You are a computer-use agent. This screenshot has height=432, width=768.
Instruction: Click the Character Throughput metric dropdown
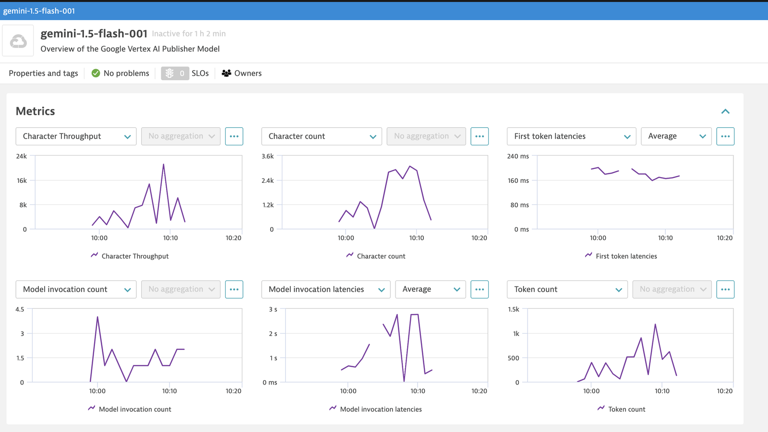click(x=76, y=136)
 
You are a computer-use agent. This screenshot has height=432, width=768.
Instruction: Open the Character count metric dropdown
click(x=321, y=136)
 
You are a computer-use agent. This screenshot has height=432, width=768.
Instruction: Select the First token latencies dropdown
click(x=571, y=136)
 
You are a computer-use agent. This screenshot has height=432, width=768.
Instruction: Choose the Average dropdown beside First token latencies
click(x=676, y=136)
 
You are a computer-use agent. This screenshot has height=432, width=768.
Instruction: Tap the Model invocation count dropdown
click(x=76, y=289)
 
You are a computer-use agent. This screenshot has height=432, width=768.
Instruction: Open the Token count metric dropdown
click(x=567, y=289)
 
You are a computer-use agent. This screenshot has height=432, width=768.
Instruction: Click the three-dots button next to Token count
click(x=725, y=289)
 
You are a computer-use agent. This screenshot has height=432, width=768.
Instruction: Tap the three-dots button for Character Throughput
click(x=234, y=136)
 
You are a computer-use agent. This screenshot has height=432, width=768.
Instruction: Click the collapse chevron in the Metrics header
click(x=725, y=111)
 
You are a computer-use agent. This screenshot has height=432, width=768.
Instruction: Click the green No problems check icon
click(x=96, y=73)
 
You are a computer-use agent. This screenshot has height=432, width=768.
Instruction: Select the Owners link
click(x=242, y=73)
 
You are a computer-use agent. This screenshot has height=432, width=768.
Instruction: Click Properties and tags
click(x=43, y=73)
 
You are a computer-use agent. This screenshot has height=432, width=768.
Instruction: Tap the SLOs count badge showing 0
click(x=175, y=73)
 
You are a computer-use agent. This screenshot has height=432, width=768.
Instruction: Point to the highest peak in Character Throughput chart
click(x=164, y=164)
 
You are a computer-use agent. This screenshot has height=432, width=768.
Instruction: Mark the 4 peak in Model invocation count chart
click(x=97, y=317)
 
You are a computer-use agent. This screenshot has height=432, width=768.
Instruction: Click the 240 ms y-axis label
click(x=518, y=156)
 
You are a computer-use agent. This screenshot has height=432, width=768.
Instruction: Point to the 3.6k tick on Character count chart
click(x=267, y=156)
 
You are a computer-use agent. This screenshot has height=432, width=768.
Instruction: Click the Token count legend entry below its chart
click(x=621, y=408)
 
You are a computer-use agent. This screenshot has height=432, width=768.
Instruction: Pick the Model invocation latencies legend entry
click(x=375, y=408)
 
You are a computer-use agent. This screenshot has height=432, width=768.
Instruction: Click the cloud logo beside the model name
click(x=18, y=41)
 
